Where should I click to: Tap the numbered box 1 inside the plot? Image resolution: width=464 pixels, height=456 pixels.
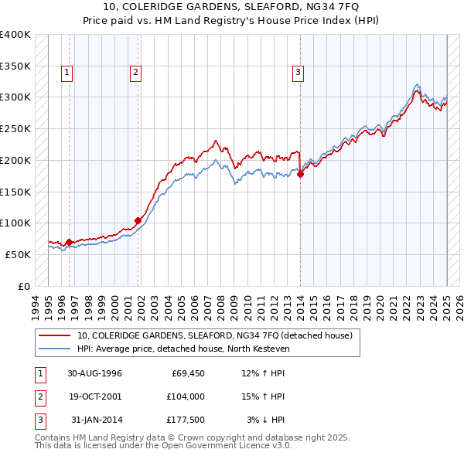pyautogui.click(x=67, y=73)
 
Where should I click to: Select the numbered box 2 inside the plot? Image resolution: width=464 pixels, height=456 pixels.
pyautogui.click(x=135, y=73)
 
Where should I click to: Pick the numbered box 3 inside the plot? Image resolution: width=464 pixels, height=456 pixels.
pyautogui.click(x=298, y=73)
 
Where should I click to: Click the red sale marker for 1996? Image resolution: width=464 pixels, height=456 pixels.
pyautogui.click(x=69, y=242)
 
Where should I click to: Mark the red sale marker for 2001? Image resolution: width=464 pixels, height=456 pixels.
pyautogui.click(x=138, y=220)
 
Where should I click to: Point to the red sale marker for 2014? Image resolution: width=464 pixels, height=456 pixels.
pyautogui.click(x=300, y=174)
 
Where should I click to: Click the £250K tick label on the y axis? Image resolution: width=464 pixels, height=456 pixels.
pyautogui.click(x=15, y=128)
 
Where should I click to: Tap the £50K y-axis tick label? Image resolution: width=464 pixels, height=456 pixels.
pyautogui.click(x=19, y=254)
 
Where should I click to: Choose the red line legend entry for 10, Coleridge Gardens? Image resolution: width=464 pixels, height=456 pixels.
pyautogui.click(x=215, y=335)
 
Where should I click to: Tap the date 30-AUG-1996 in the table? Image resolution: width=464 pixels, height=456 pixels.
pyautogui.click(x=95, y=374)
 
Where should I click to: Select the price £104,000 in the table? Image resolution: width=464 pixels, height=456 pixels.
pyautogui.click(x=186, y=396)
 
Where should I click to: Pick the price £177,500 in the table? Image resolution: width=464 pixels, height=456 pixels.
pyautogui.click(x=186, y=420)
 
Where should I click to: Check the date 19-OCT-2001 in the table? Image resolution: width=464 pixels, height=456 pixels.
pyautogui.click(x=95, y=396)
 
